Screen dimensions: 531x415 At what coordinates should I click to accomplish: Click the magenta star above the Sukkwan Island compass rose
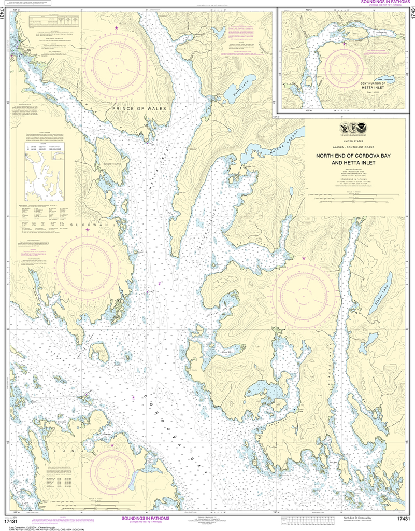click(87, 229)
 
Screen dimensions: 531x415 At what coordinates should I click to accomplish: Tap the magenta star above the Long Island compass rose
click(112, 445)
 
